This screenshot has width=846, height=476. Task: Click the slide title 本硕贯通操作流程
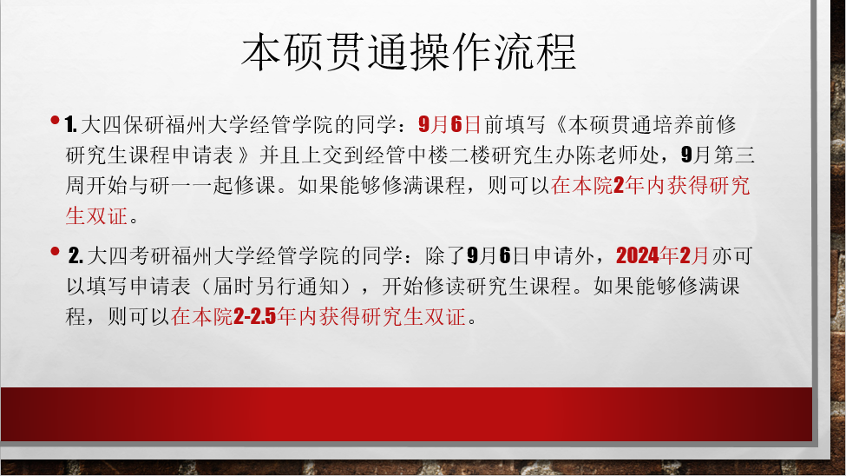tap(409, 52)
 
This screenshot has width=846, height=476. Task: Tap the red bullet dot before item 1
tap(55, 120)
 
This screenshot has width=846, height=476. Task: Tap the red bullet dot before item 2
tap(55, 251)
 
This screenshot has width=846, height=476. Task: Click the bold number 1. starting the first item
tap(70, 125)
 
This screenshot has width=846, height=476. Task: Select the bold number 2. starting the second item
tap(75, 255)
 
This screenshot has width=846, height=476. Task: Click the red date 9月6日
tap(449, 124)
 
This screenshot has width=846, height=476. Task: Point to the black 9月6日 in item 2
tap(498, 255)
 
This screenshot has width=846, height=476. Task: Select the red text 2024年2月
tap(662, 255)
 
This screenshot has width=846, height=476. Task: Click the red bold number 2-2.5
tap(254, 317)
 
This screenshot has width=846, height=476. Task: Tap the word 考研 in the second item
tap(150, 255)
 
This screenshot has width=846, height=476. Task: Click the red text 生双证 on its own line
tap(96, 215)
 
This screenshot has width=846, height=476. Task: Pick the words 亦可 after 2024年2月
tap(732, 255)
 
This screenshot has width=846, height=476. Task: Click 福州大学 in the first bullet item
tap(207, 125)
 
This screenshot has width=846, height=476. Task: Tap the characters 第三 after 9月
tap(734, 155)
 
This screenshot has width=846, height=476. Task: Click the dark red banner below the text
tap(406, 413)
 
